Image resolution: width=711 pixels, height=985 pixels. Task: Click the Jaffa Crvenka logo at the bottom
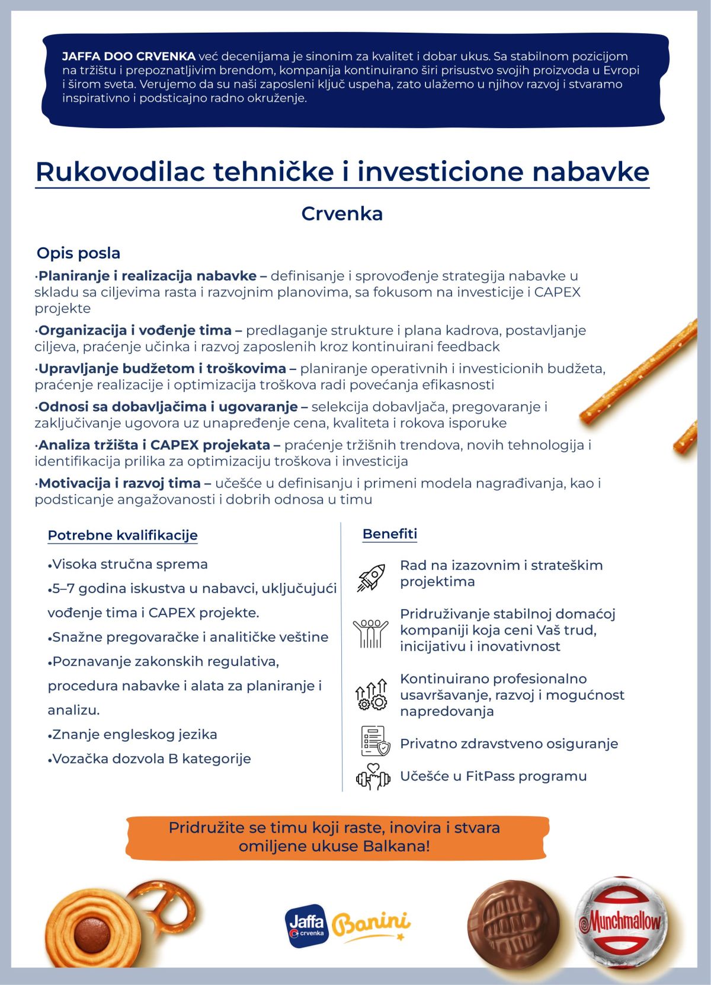point(306,926)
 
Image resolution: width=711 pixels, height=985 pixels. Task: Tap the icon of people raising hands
point(370,633)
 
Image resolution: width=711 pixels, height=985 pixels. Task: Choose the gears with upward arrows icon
point(371,695)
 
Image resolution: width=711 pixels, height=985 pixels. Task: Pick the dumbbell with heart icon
point(373,777)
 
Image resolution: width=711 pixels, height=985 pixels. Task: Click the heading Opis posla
point(78,253)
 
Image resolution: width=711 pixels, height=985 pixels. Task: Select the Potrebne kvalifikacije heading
point(123,535)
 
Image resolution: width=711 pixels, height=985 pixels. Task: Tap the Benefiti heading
point(390,534)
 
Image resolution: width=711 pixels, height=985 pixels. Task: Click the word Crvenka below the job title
point(342,213)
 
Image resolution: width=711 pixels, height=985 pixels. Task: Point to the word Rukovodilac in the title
point(120,172)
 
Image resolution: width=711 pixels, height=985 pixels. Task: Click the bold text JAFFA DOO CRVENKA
point(129,56)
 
